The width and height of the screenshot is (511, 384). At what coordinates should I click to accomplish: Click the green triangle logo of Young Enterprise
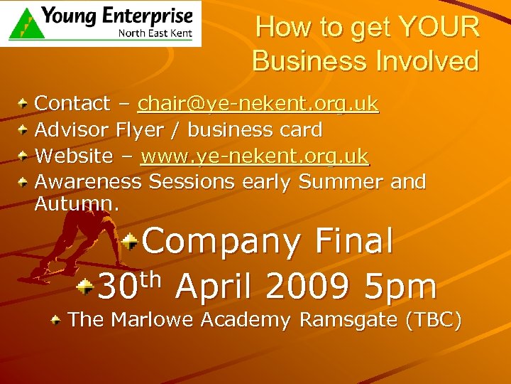(25, 23)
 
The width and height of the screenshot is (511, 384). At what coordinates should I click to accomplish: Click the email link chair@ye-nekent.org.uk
(258, 104)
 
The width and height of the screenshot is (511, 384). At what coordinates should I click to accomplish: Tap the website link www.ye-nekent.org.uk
(255, 156)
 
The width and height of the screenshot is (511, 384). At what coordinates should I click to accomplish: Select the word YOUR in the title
(439, 28)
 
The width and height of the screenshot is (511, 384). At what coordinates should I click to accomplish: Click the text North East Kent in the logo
(155, 33)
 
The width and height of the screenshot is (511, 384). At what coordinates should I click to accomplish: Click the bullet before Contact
(23, 104)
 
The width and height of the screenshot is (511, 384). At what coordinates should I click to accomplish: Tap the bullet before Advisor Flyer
(23, 130)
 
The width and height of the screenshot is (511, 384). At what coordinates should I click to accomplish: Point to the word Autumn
(77, 205)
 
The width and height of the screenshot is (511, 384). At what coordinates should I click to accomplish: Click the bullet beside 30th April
(86, 287)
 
